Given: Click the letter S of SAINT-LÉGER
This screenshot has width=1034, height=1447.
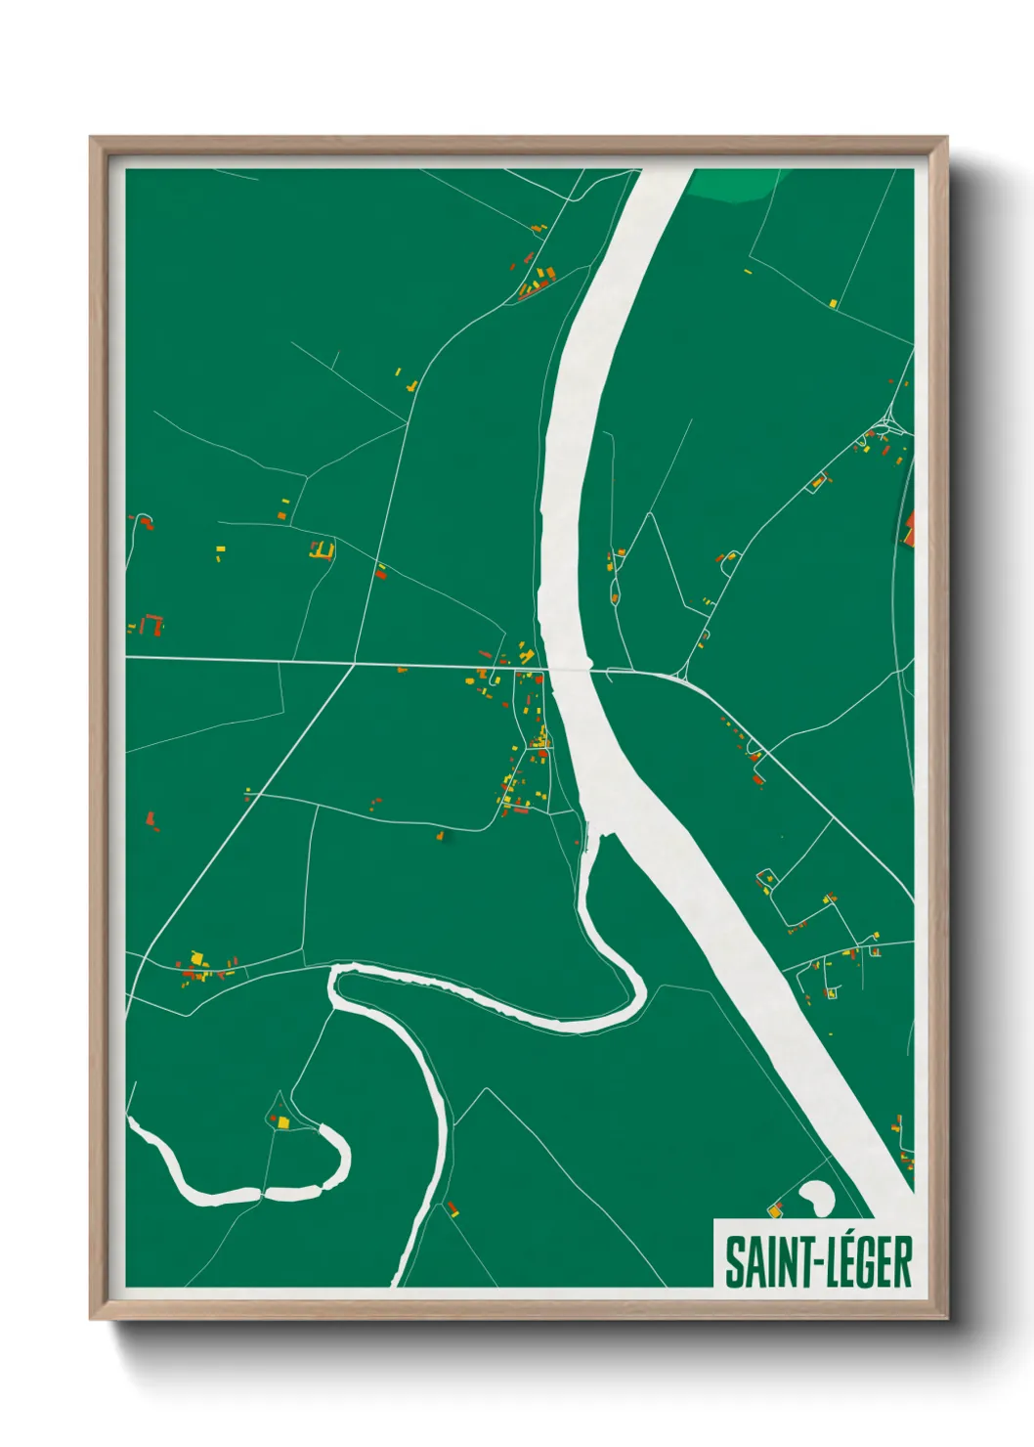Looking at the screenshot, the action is pos(733,1262).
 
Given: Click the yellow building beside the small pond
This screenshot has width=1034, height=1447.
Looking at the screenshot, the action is pos(776,1211).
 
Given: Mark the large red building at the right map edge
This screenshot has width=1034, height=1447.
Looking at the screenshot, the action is pos(909,528).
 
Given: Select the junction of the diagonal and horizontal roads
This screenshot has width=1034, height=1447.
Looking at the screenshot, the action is pos(353,665).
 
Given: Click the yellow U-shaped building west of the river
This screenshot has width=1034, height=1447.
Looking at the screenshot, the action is pos(323,550).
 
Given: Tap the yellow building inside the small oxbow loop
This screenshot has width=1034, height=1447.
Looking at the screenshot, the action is pos(282,1122).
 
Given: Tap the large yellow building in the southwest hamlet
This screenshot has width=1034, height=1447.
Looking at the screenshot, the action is pos(196,957).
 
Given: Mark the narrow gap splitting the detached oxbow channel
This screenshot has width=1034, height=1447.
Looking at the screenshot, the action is pos(262,1193).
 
